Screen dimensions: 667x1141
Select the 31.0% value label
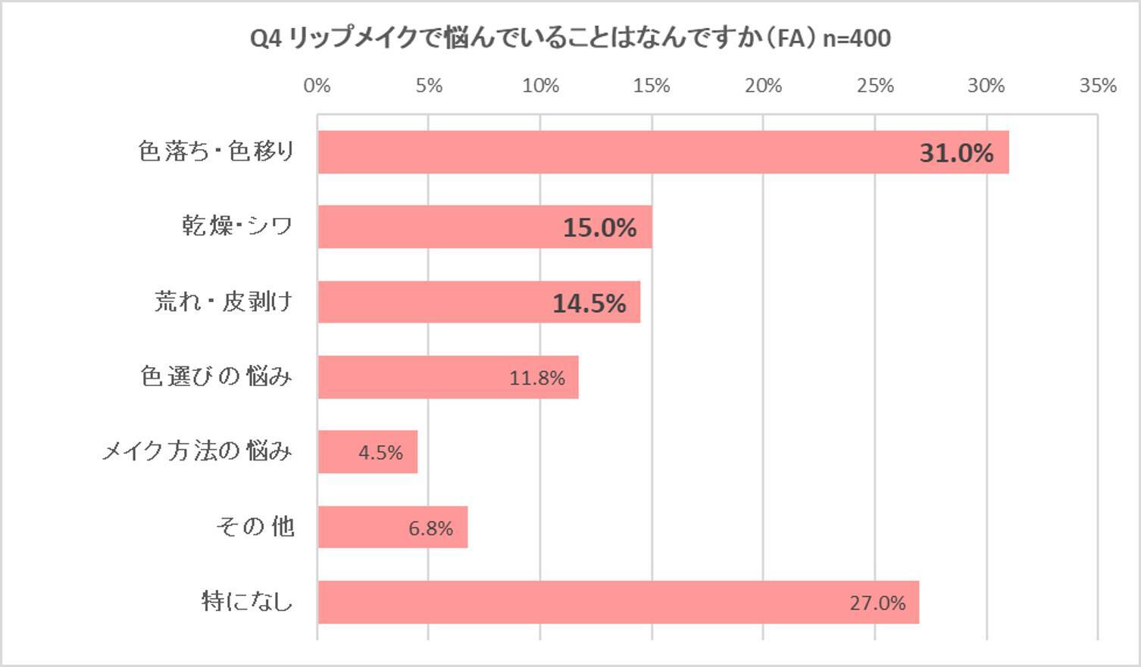tap(956, 154)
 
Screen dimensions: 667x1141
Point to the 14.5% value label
tap(589, 304)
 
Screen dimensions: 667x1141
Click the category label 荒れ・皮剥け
tap(224, 302)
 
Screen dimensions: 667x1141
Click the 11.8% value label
tap(536, 378)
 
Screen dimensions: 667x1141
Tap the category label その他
tap(255, 526)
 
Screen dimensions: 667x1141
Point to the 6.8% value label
tap(430, 528)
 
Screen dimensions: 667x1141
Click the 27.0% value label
tap(877, 603)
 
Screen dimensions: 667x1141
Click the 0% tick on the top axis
tap(317, 86)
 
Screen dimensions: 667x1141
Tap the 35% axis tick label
tap(1098, 86)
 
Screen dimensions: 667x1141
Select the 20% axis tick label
tap(763, 86)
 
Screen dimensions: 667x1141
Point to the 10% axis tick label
tap(540, 86)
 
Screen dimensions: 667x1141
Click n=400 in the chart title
tap(856, 38)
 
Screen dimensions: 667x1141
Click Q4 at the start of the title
tap(265, 38)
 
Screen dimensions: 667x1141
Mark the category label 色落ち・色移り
tap(216, 151)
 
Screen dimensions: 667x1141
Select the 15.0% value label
tap(599, 228)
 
